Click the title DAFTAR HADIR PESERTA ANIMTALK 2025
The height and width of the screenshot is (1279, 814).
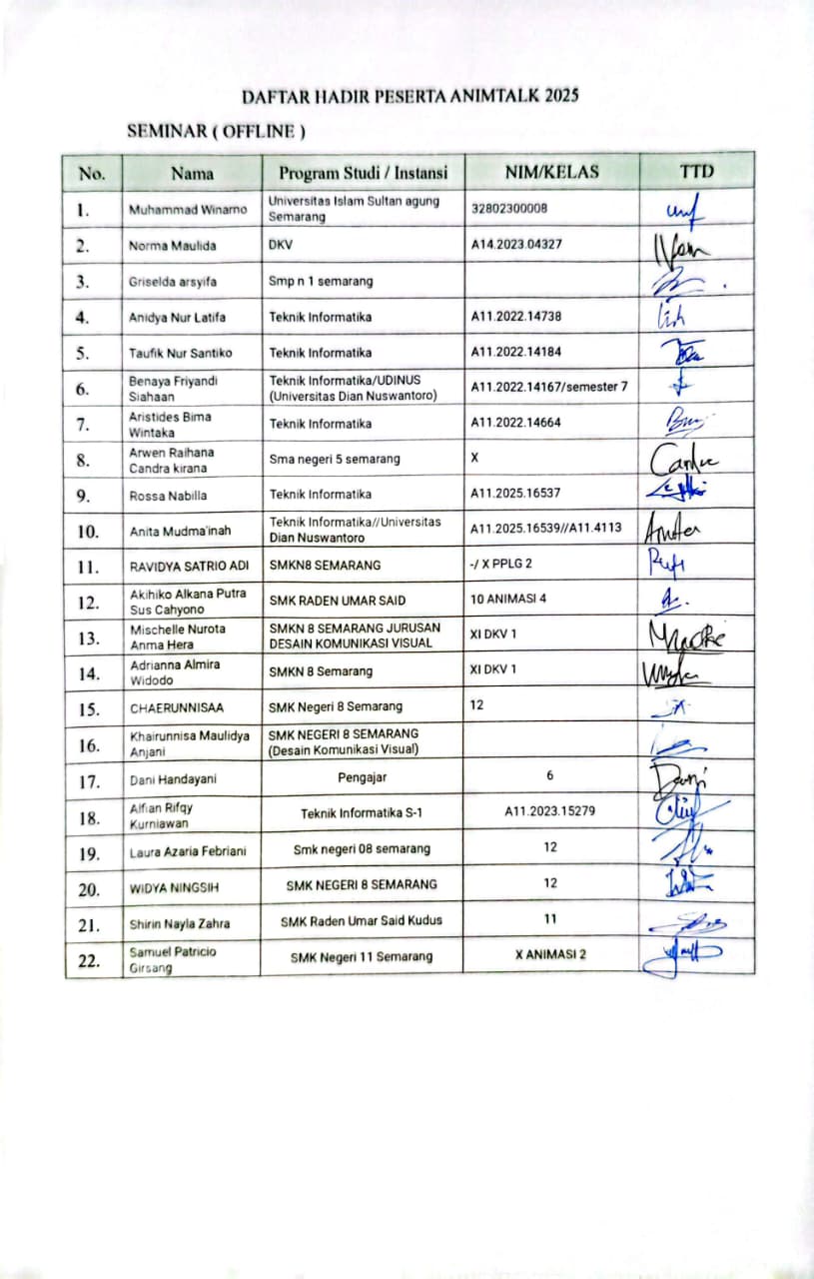pos(410,96)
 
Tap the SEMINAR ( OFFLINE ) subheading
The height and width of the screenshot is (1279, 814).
pos(216,131)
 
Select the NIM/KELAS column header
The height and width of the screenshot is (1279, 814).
pos(551,172)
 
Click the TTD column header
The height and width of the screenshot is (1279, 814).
pos(696,172)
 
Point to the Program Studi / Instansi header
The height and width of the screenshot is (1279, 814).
pos(363,173)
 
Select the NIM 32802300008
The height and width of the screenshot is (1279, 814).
pos(509,209)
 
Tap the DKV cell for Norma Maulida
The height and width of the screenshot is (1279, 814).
pos(280,245)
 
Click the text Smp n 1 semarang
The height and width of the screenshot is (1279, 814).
pos(321,281)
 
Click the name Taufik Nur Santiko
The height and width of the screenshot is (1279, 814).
pos(180,353)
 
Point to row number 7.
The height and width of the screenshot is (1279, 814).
pos(91,425)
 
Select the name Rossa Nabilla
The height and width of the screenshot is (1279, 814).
pos(167,495)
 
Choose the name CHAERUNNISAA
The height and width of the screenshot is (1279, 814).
pos(176,707)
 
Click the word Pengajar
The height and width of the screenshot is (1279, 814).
pos(362,776)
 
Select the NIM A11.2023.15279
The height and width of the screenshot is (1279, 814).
pos(550,811)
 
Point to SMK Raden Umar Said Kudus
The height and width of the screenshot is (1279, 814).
pos(362,919)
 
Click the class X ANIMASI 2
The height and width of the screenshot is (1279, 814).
pos(550,954)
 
